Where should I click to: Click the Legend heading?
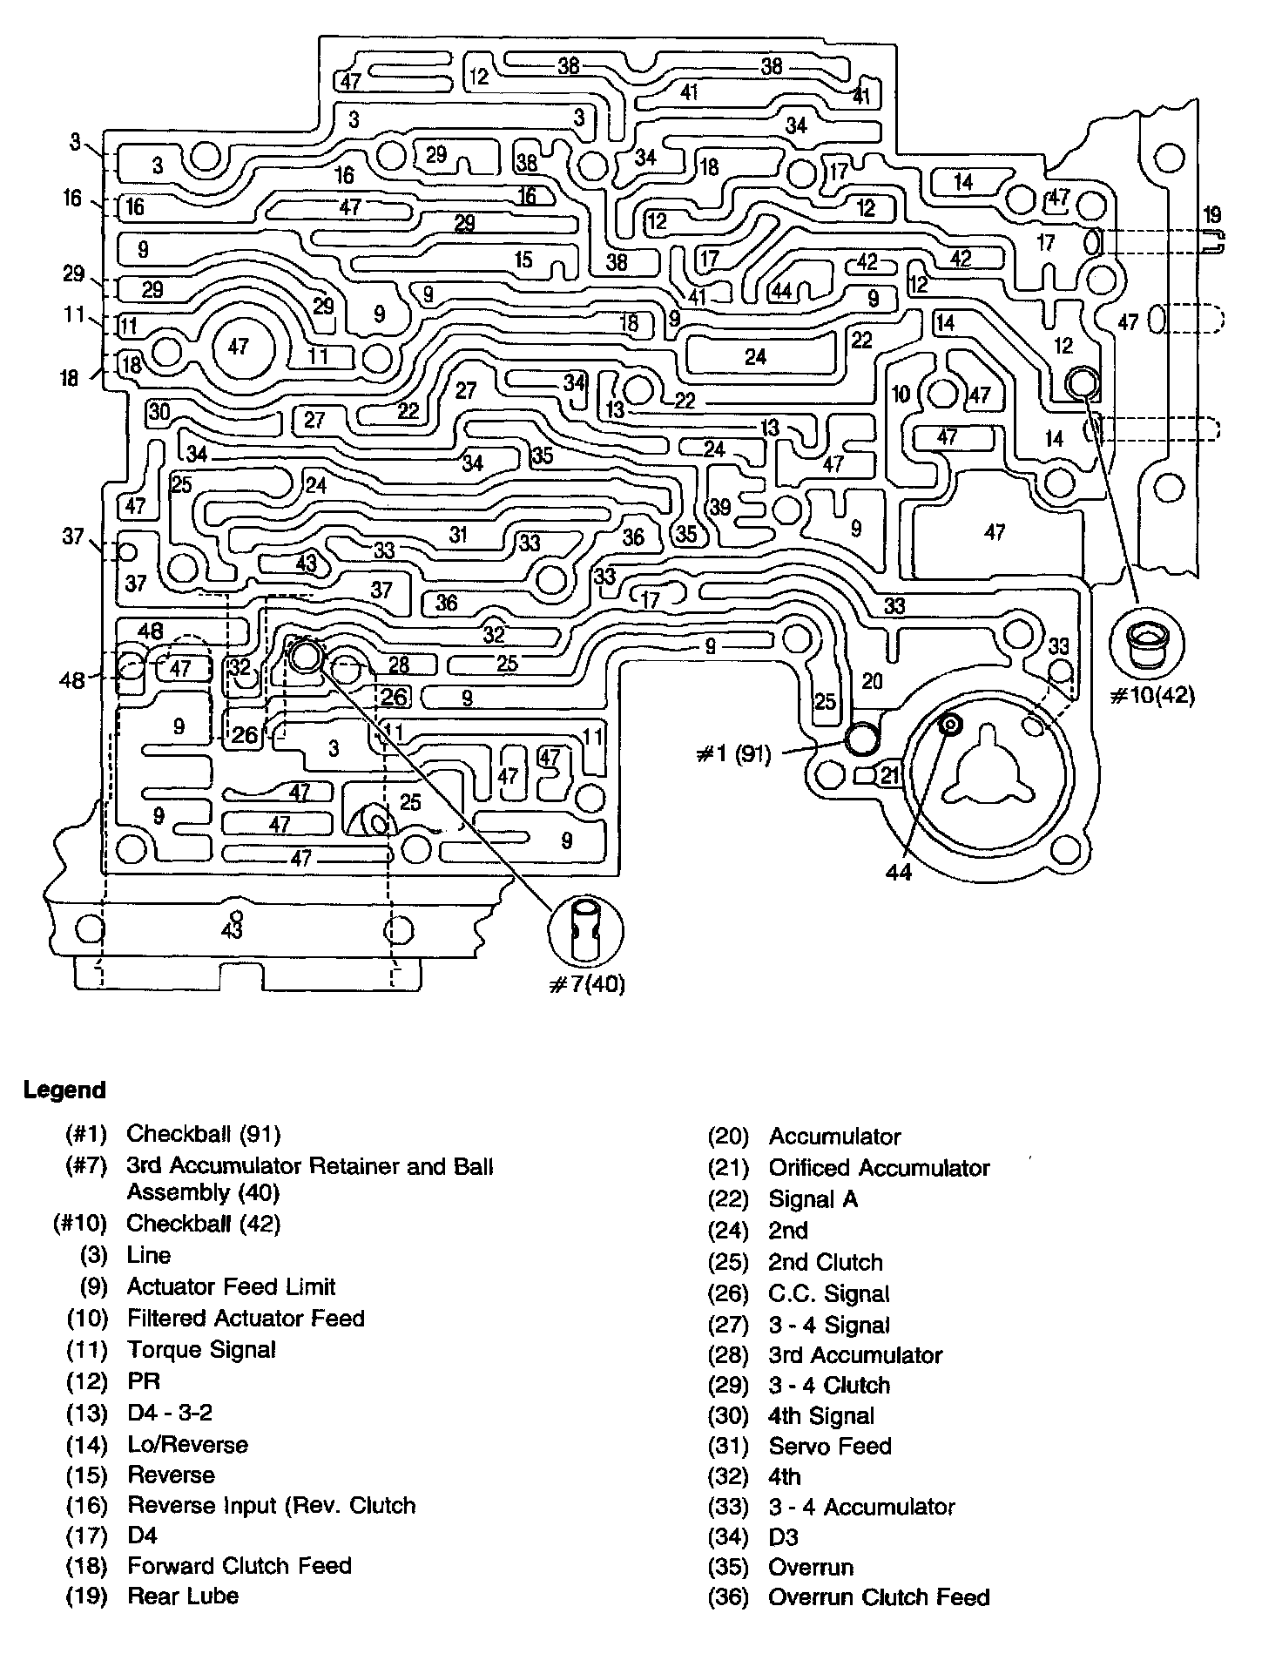pos(64,1090)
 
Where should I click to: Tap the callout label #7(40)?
pos(586,985)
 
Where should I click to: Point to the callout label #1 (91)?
pos(734,754)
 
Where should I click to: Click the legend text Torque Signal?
pos(201,1350)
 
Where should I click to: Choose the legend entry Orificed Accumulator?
pos(879,1168)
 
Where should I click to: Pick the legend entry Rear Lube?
pos(183,1596)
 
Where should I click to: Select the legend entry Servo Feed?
pos(830,1447)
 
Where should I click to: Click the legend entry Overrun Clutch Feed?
pos(879,1597)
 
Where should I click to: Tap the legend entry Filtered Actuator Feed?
pos(246,1319)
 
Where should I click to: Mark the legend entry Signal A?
pos(813,1199)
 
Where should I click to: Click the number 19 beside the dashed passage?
pos(1211,214)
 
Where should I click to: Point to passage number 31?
pos(459,536)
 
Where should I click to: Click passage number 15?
pos(523,260)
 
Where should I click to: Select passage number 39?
pos(720,507)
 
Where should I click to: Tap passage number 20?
pos(872,680)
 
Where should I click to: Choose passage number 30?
pos(159,411)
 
